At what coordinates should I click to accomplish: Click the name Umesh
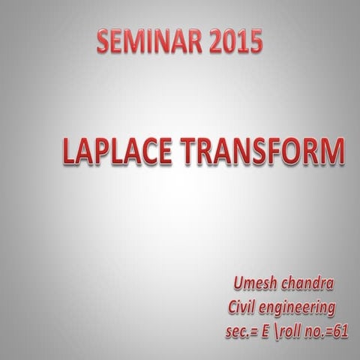[255, 285]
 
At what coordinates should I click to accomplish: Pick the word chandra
[307, 285]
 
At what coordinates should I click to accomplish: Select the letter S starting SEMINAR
[104, 43]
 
